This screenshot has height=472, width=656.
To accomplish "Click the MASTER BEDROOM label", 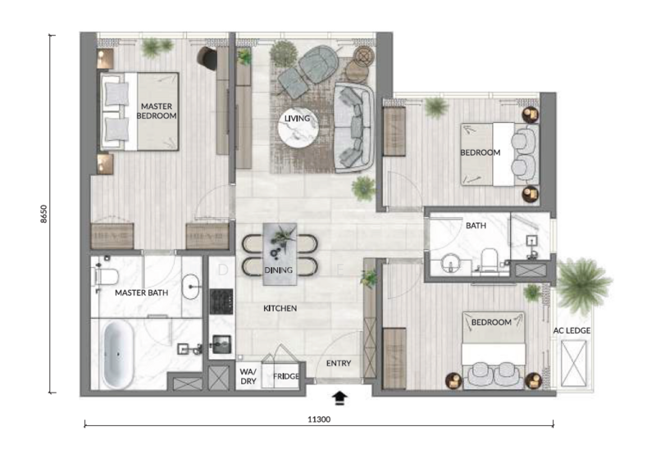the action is coord(157,111).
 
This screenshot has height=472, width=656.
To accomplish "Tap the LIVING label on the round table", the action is coord(297,118).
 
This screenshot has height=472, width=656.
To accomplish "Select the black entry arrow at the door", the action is coord(339,398).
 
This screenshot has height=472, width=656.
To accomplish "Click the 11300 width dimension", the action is coord(319,420).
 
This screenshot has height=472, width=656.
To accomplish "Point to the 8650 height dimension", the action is coord(44,214).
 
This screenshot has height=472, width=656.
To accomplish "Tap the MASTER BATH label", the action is coord(141,293).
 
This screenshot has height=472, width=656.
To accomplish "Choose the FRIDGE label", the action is coord(286,376).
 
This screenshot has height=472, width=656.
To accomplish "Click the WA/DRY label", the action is coord(248,376).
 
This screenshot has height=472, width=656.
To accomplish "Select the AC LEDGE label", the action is coord(572,330).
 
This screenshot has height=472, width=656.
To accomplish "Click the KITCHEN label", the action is coord(280,308).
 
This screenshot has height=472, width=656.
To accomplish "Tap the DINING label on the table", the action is coord(278,270).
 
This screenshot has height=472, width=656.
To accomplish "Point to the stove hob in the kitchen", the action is coord(221,301).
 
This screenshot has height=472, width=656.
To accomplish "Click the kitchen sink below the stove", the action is coord(221,344).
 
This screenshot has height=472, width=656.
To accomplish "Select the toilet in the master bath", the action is coord(105,277).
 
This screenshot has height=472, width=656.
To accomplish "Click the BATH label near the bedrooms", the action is coord(476,225).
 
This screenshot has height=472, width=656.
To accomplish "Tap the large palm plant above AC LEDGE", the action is coord(582,284).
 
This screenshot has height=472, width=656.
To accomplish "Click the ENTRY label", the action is coord(339,363).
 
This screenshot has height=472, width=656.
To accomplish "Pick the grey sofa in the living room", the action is coord(354,128).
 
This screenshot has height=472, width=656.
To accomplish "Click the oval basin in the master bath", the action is coord(191,287).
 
